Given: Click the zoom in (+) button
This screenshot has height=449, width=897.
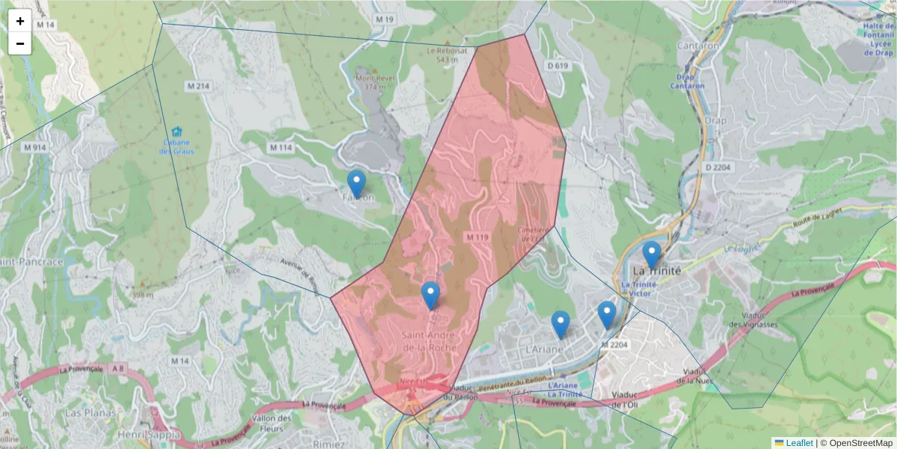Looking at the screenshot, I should [20, 21].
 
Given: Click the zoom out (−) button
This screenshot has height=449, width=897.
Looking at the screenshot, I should [20, 43].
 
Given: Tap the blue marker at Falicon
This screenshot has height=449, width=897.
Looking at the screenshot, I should [357, 184].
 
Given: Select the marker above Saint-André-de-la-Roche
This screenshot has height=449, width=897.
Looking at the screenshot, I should [430, 296].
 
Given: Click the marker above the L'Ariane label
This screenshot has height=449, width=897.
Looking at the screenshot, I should [561, 324].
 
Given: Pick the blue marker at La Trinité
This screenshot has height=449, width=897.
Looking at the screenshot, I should [652, 254].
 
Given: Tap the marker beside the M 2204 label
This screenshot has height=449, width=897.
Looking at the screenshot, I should [606, 314].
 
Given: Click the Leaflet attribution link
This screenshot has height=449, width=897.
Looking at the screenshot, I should [798, 443].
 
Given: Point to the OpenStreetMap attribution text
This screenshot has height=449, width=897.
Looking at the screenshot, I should [857, 443].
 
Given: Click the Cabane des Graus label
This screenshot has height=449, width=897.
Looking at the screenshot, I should [176, 147].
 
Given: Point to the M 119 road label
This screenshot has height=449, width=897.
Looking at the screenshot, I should [477, 237].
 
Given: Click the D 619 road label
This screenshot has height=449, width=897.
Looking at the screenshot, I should [558, 66].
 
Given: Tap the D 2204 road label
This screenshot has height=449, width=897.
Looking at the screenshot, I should [718, 168].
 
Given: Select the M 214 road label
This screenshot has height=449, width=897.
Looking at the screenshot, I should [198, 86].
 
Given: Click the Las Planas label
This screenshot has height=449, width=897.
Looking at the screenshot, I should [84, 413].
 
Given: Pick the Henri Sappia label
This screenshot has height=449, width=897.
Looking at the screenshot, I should [149, 434].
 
